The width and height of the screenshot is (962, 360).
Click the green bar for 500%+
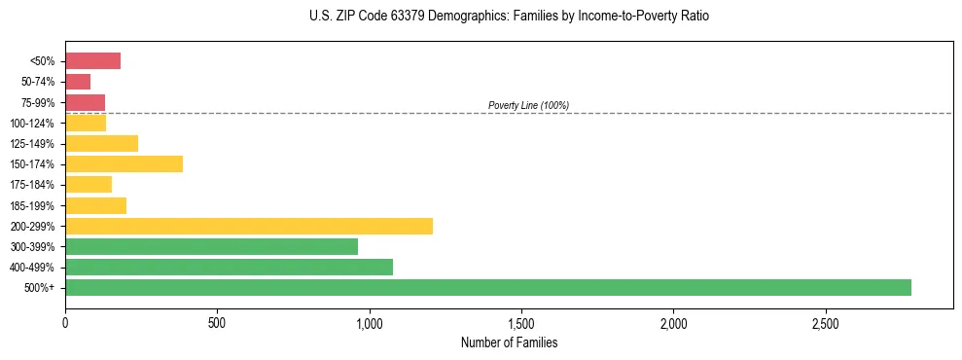point(487,287)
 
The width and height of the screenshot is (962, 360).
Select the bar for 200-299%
point(249,226)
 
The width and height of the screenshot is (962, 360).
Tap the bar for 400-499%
point(229,267)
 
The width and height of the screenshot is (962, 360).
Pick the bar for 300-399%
point(211,246)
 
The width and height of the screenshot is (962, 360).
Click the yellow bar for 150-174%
point(124,163)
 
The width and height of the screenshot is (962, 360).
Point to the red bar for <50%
point(92,60)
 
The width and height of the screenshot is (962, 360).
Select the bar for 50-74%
point(78,82)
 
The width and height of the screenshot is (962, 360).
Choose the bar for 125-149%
point(101,143)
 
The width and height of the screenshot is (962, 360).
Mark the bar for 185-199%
point(95,205)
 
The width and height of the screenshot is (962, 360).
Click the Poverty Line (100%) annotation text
point(528,105)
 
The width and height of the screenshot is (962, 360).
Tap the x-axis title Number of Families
point(509,342)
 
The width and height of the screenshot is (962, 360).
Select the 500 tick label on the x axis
point(217,322)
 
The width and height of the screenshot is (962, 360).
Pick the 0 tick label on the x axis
point(65,322)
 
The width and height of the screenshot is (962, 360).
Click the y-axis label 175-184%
point(35,185)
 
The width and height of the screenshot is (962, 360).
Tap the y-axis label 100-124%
point(35,123)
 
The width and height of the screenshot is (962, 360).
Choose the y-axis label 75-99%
point(38,102)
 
